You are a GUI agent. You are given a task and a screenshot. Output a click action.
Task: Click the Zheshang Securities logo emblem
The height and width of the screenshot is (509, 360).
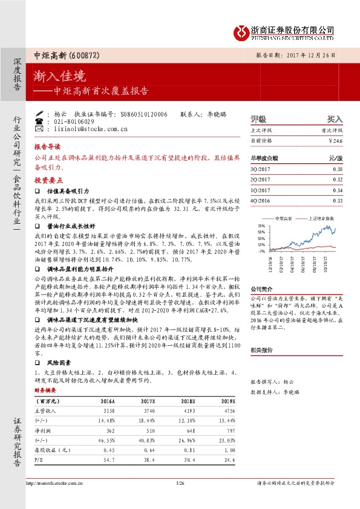[x=241, y=31]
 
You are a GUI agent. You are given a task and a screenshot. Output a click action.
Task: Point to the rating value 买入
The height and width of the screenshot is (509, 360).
[x=335, y=120]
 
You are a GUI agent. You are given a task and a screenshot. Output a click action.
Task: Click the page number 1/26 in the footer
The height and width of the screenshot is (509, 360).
[x=180, y=483]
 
